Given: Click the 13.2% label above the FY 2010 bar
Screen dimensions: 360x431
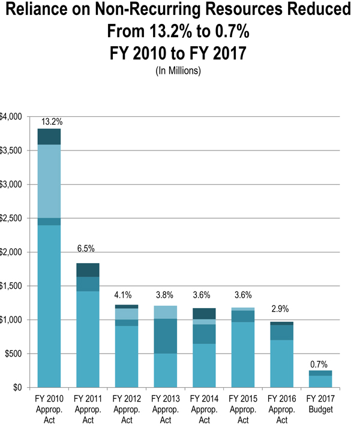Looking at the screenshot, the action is (52, 122).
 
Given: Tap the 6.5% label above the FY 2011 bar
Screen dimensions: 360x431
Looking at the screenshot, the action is (86, 249).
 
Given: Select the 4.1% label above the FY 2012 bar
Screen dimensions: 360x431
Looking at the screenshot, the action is (123, 295).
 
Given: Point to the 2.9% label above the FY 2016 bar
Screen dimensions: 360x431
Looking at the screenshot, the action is (280, 309).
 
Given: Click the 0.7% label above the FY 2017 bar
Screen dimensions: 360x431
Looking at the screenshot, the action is (319, 364).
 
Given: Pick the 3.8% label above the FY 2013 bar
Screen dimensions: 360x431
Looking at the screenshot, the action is (164, 295).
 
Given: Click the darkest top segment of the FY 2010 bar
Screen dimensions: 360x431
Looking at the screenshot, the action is (49, 137).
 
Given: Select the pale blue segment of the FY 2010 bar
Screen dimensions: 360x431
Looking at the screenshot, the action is (49, 182).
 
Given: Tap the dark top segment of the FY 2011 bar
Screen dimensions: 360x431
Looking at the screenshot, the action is (88, 270).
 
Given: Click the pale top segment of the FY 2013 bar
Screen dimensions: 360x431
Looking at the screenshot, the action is (166, 312).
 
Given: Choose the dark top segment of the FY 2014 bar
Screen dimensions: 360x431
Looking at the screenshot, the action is (204, 314).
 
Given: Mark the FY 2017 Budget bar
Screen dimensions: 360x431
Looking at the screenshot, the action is (320, 379).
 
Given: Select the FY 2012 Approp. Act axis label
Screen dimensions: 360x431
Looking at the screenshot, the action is (127, 409).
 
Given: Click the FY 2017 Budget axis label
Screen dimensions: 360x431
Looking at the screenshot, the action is (320, 404).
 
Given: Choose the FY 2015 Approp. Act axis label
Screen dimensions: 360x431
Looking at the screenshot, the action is (243, 409).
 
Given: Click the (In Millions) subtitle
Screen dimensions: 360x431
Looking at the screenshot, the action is (178, 71).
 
